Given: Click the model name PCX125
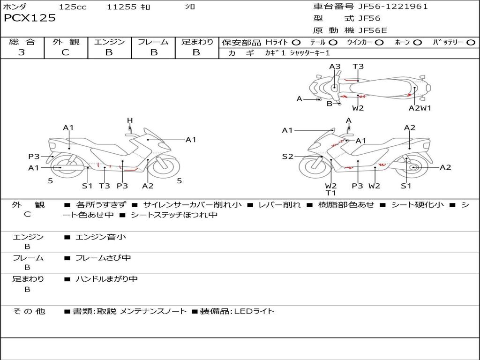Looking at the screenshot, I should [x=30, y=18].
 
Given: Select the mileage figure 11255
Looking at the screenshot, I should [x=121, y=7].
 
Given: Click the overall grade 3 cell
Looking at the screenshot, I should [x=22, y=52].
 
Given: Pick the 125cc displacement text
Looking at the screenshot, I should [x=73, y=7].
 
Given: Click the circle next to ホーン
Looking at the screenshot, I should [x=417, y=42].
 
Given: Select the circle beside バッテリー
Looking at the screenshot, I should [x=471, y=42].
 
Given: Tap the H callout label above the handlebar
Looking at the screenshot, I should [x=130, y=120].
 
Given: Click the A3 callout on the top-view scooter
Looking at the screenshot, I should [x=334, y=67].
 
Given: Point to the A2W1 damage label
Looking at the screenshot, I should [x=420, y=108].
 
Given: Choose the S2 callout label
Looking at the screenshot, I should [x=287, y=157].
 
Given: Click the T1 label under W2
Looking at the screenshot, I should [x=331, y=193].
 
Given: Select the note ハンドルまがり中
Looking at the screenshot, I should [x=107, y=279].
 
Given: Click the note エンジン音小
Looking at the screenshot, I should [x=101, y=237].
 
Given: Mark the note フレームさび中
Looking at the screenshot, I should [x=104, y=258].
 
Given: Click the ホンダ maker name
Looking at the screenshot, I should [x=15, y=7].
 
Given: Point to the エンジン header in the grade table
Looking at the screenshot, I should [x=109, y=42].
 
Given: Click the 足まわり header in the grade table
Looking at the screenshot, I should [x=197, y=42].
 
